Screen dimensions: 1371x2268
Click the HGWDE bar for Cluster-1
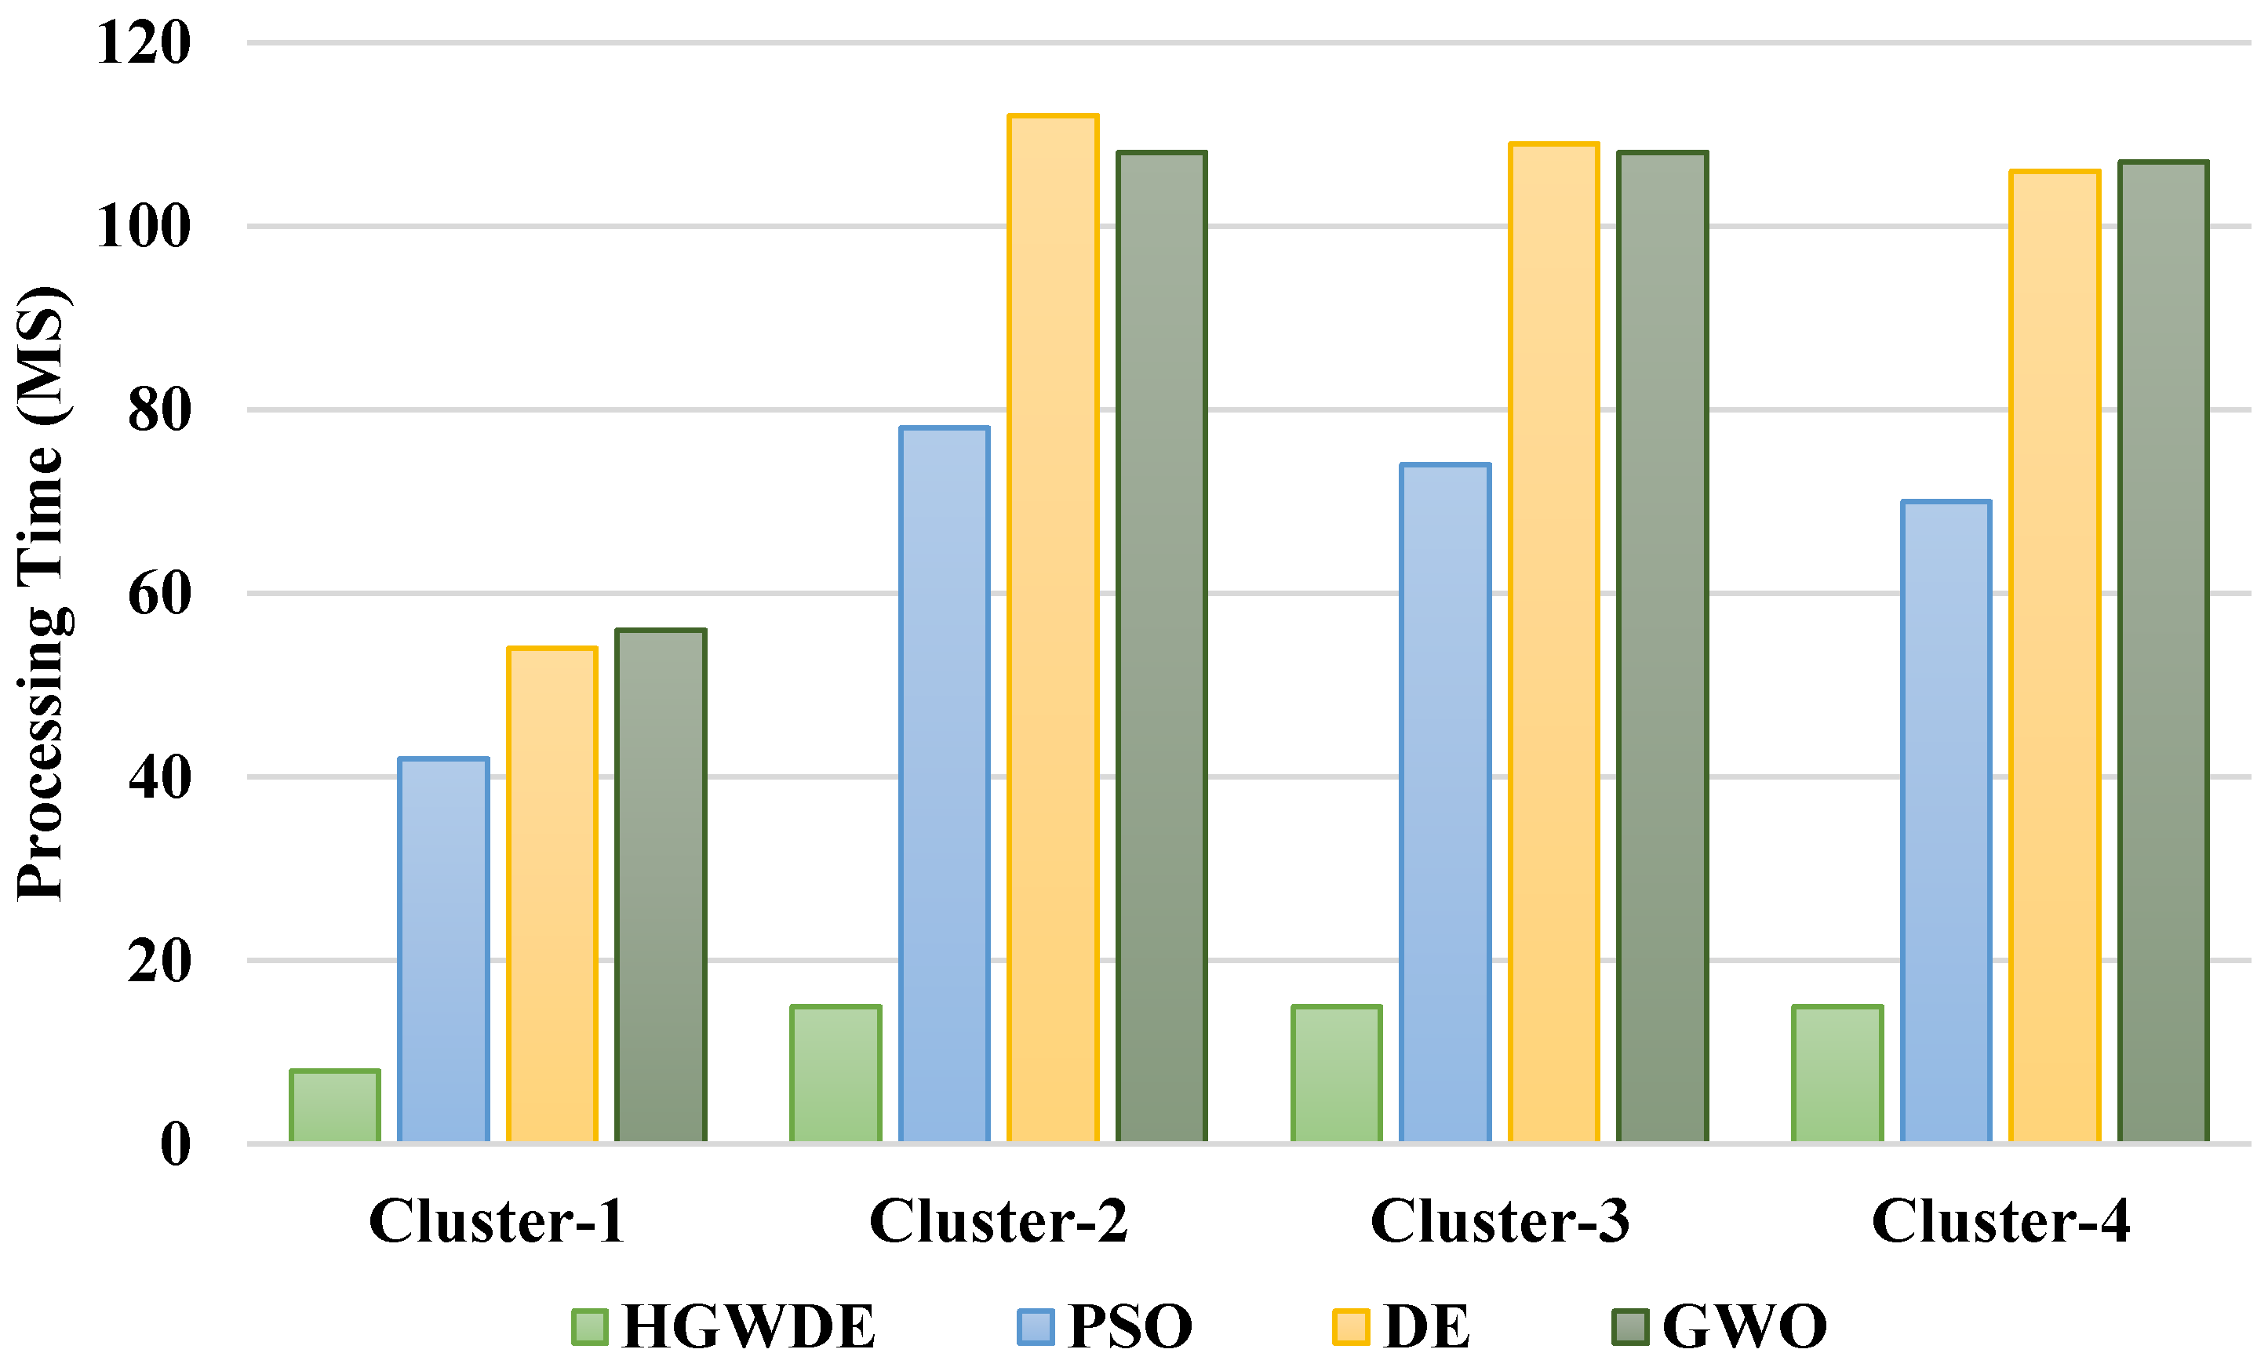[x=335, y=1106]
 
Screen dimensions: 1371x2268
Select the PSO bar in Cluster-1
[x=444, y=950]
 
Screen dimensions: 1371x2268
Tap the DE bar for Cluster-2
[x=1053, y=627]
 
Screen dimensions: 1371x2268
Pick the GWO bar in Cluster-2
[x=1162, y=646]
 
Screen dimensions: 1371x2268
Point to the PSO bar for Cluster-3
[x=1445, y=802]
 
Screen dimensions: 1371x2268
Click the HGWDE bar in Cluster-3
[x=1337, y=1074]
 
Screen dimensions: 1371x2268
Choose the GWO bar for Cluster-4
[x=2163, y=652]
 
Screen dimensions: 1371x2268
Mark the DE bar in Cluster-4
[x=2055, y=655]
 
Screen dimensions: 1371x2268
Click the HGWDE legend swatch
[x=590, y=1327]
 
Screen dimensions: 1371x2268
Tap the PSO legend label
[x=1130, y=1327]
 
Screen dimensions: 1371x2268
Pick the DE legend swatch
[x=1350, y=1327]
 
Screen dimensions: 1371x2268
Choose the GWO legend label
[x=1744, y=1327]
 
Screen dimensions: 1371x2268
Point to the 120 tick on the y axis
[x=144, y=42]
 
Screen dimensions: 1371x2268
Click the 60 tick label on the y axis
[x=159, y=594]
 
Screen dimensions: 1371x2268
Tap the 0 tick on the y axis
[x=176, y=1144]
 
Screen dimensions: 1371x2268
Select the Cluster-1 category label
[x=497, y=1222]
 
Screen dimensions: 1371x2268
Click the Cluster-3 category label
[x=1499, y=1222]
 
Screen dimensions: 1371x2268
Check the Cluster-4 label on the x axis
[x=2001, y=1222]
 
